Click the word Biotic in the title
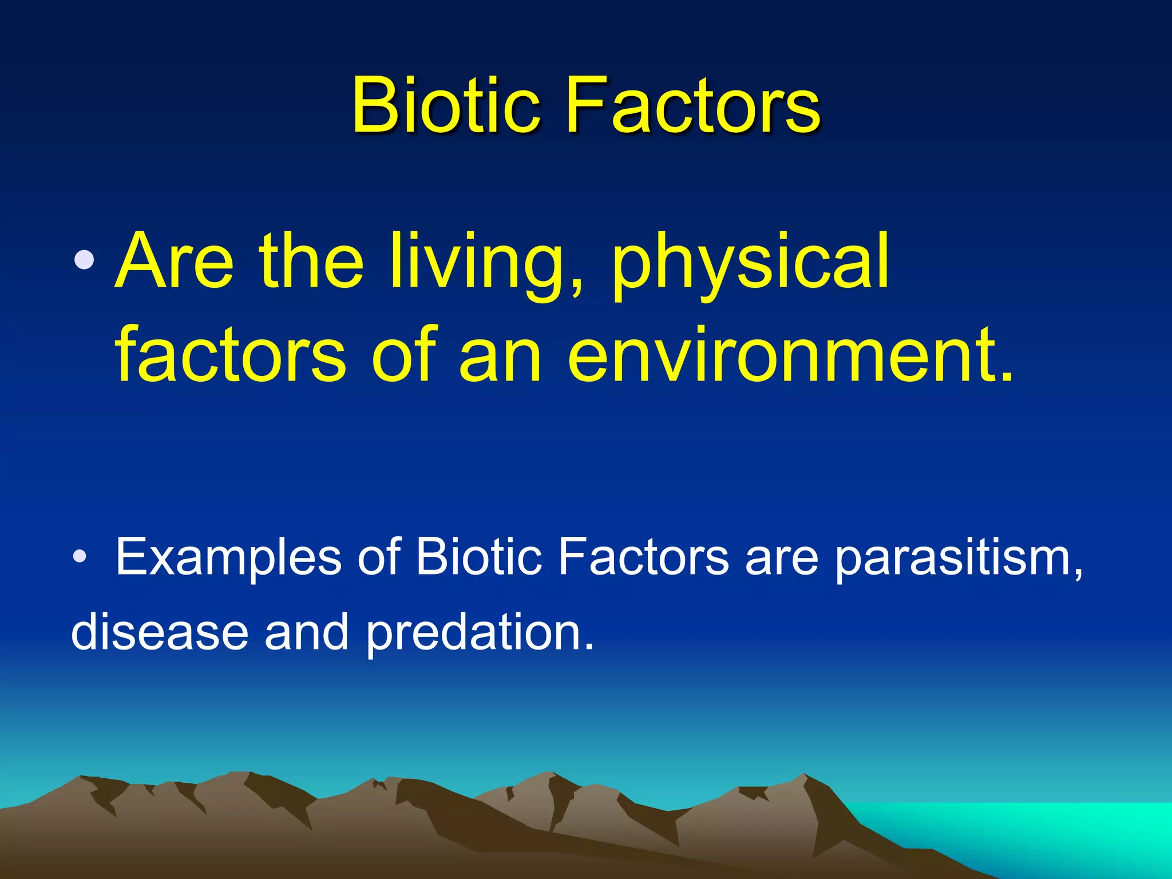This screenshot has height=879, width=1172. [445, 106]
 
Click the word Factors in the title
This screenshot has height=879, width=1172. [693, 106]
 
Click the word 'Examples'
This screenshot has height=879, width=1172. [228, 558]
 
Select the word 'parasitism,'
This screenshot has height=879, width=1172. [958, 558]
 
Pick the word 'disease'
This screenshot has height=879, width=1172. [160, 632]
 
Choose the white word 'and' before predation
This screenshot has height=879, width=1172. [306, 632]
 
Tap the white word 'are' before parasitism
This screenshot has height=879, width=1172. [782, 558]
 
